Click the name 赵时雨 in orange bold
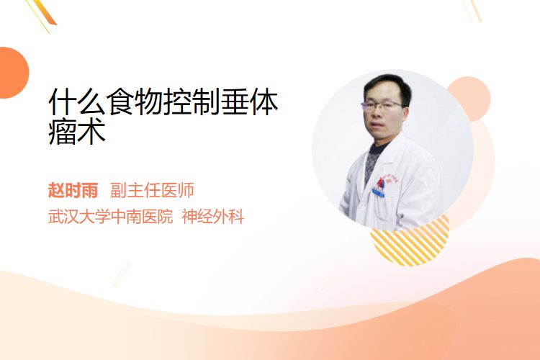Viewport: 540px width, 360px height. [x=73, y=190]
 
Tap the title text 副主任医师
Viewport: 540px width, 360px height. [x=152, y=190]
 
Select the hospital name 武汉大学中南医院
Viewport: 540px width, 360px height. [x=110, y=217]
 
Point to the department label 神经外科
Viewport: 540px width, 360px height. [x=213, y=217]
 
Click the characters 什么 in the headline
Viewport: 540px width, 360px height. [x=77, y=102]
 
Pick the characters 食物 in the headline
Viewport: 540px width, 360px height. [x=135, y=102]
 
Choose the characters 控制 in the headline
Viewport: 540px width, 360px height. [x=192, y=102]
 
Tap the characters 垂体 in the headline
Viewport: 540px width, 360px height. [x=249, y=102]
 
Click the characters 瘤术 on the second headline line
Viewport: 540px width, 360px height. [x=77, y=132]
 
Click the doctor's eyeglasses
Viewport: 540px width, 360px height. [x=382, y=104]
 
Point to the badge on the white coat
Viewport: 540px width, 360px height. [x=379, y=192]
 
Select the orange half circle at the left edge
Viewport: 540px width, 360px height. [x=14, y=73]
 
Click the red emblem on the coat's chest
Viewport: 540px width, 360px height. [x=380, y=181]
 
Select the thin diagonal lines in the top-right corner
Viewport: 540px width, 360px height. [x=472, y=10]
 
